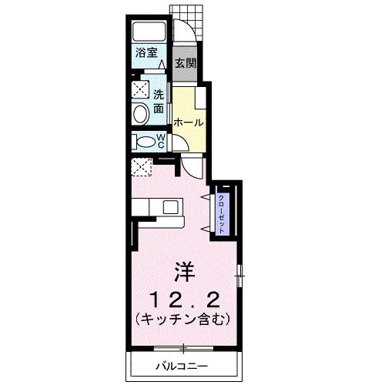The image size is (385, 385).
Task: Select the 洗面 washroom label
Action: [158, 102]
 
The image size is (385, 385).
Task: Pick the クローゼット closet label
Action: [221, 208]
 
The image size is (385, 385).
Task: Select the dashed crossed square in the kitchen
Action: [142, 167]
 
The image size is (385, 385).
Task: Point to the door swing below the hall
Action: [191, 165]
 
